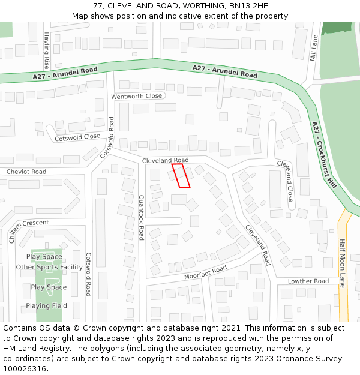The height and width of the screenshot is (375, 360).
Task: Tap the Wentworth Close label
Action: pyautogui.click(x=137, y=96)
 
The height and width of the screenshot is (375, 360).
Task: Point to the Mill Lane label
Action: pyautogui.click(x=314, y=49)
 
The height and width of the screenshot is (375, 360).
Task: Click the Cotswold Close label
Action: pyautogui.click(x=77, y=137)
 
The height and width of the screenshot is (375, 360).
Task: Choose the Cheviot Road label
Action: pyautogui.click(x=26, y=172)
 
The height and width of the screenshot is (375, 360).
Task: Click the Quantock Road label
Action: pyautogui.click(x=142, y=217)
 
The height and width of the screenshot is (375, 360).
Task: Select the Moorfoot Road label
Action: pyautogui.click(x=205, y=271)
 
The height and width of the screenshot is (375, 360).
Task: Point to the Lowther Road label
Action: pyautogui.click(x=308, y=281)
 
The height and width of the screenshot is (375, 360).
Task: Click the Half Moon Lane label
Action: pyautogui.click(x=343, y=263)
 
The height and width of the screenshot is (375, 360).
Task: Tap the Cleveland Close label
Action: pyautogui.click(x=286, y=180)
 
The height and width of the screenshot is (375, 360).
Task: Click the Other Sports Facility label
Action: pyautogui.click(x=49, y=267)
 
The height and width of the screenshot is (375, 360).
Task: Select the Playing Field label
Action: pyautogui.click(x=46, y=306)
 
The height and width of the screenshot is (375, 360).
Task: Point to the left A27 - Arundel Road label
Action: pyautogui.click(x=65, y=73)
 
